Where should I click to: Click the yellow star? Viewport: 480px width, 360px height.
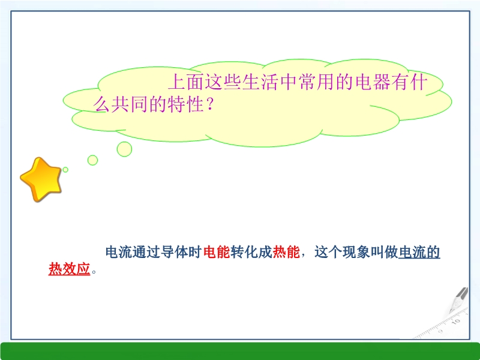[x=41, y=179]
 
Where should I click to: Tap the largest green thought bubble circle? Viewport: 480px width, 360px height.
[x=124, y=149]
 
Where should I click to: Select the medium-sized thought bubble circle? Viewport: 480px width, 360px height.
[x=92, y=160]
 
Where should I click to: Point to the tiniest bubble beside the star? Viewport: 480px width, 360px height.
[x=65, y=170]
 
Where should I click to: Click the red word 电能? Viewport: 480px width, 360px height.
[x=217, y=252]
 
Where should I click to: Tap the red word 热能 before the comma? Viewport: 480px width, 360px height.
[x=286, y=252]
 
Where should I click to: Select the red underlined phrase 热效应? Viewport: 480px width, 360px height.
[x=69, y=269]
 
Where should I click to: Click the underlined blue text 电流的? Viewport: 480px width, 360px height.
[x=419, y=252]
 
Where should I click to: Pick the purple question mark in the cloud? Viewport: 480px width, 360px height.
[x=209, y=104]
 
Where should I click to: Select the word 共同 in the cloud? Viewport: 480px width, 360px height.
[x=130, y=104]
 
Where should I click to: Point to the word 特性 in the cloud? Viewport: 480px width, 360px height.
[x=186, y=104]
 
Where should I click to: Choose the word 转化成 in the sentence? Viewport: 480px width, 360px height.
[x=251, y=252]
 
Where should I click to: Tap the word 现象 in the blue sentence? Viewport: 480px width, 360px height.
[x=356, y=252]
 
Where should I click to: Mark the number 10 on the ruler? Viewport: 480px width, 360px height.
[x=456, y=321]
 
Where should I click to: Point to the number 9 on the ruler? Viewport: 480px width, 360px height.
[x=440, y=331]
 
